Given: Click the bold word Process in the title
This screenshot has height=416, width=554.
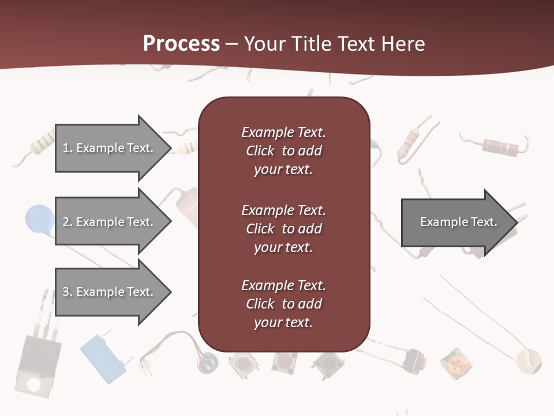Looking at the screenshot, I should point(181,44).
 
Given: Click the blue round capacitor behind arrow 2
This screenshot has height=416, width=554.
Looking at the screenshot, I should point(38,220).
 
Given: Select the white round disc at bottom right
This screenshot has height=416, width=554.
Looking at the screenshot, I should point(529,361).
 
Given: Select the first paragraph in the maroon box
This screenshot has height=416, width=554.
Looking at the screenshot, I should point(283,151).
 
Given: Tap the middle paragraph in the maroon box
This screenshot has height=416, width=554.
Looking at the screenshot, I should point(283,228).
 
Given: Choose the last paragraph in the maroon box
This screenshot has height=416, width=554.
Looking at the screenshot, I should point(283,304).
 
